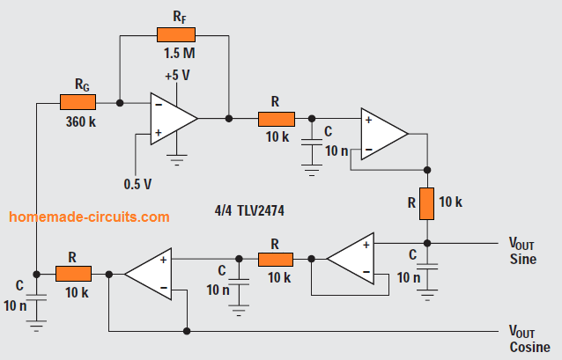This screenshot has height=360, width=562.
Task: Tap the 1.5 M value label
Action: [179, 53]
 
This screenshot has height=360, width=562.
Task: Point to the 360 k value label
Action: [79, 121]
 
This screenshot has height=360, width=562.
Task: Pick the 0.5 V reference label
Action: [138, 183]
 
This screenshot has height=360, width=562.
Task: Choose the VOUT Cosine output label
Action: [528, 339]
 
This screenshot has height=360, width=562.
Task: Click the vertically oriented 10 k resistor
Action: [426, 203]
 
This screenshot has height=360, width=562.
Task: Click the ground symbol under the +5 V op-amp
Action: [179, 161]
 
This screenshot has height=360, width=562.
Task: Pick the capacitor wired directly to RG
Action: [36, 298]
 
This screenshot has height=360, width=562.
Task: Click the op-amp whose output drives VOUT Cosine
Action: [147, 273]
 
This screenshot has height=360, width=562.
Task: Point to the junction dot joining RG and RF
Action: [120, 103]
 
